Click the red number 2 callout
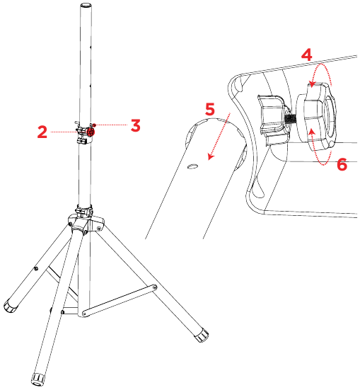pos(42,131)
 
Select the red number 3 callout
pos(135,125)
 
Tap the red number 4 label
pos(306,54)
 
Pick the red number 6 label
pos(342,164)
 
